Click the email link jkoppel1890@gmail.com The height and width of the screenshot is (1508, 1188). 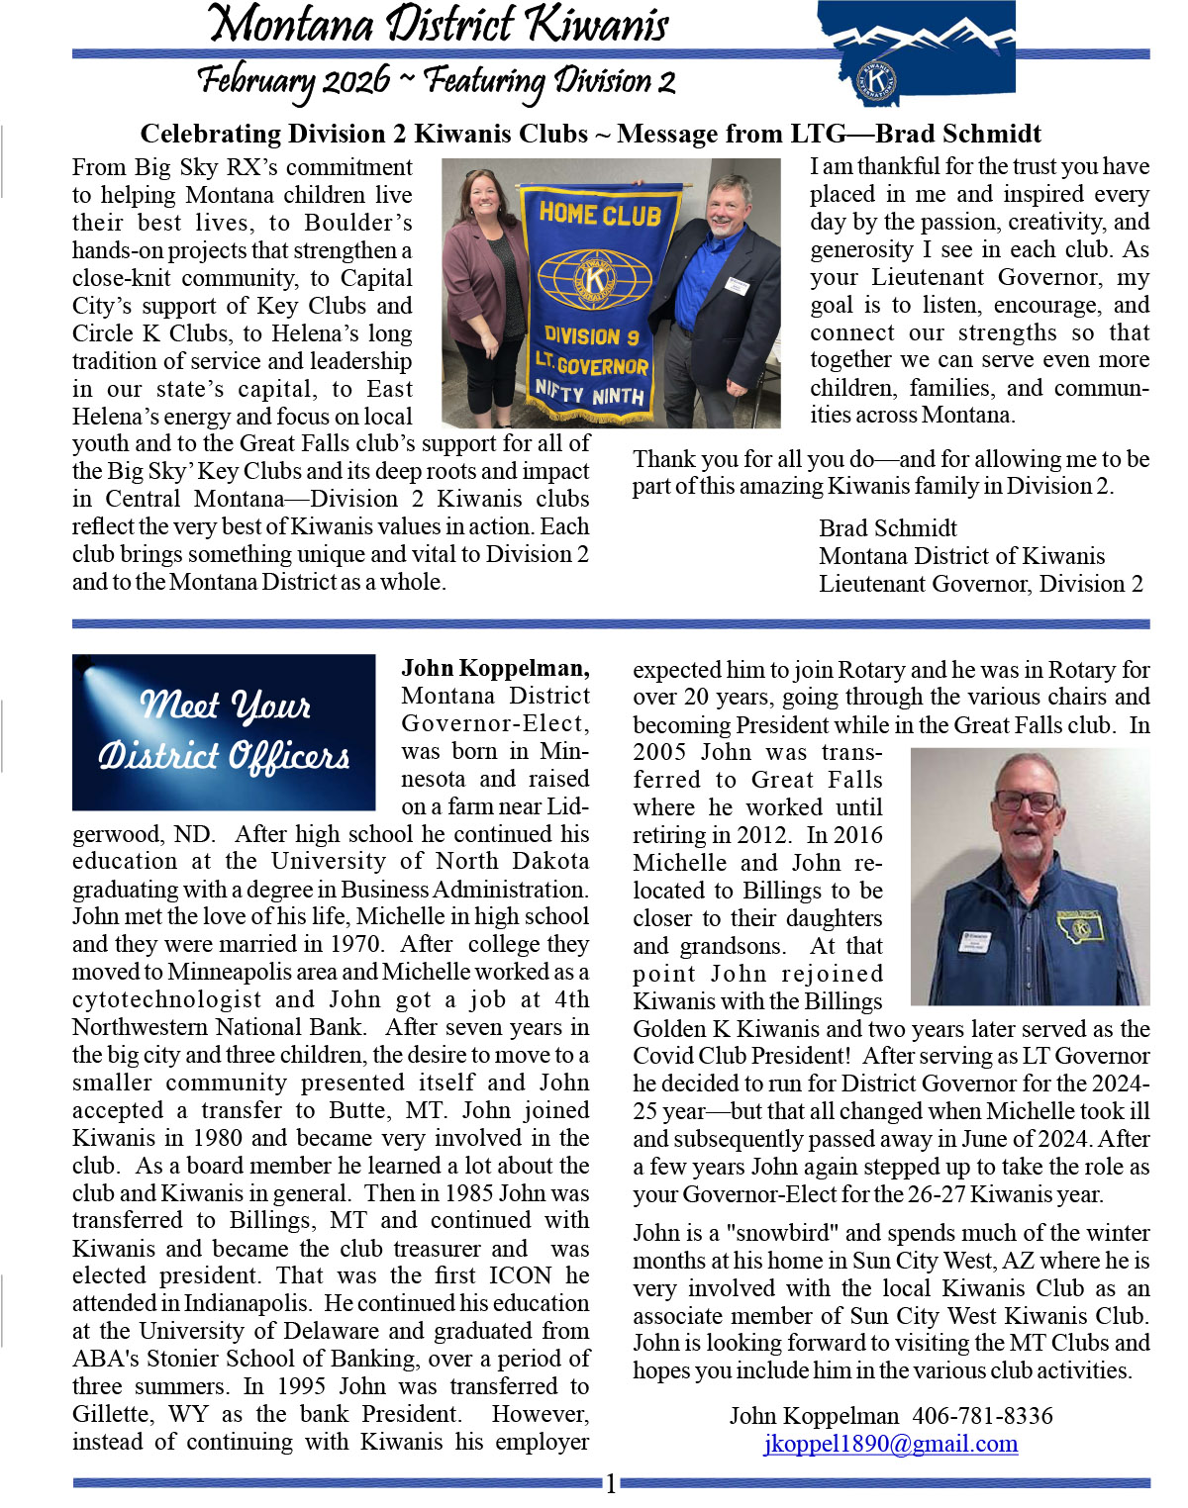click(x=890, y=1444)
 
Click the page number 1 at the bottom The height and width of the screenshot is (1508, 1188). click(x=611, y=1483)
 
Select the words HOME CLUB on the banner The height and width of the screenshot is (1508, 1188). click(x=600, y=213)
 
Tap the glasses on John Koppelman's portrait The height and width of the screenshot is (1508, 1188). click(x=1025, y=801)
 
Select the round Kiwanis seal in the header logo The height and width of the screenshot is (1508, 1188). click(x=875, y=80)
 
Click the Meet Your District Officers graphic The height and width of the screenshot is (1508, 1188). click(x=224, y=732)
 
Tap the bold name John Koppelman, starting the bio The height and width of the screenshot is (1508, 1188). click(x=495, y=668)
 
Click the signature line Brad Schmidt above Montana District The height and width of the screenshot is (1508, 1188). click(x=888, y=528)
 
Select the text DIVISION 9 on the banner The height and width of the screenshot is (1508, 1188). click(x=592, y=335)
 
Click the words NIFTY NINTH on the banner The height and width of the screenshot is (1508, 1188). click(x=589, y=393)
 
